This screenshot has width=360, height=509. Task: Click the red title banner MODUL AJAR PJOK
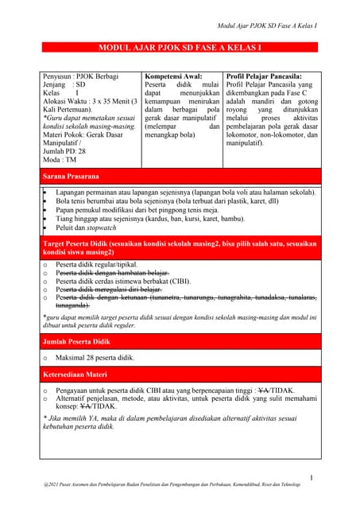pyautogui.click(x=180, y=49)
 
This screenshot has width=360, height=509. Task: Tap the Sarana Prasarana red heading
pyautogui.click(x=72, y=176)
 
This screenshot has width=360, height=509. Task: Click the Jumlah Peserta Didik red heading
pyautogui.click(x=76, y=341)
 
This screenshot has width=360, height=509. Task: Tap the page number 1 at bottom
pyautogui.click(x=312, y=478)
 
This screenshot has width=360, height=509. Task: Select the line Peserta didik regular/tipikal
pyautogui.click(x=96, y=264)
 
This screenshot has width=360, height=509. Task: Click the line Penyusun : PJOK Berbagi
pyautogui.click(x=80, y=78)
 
